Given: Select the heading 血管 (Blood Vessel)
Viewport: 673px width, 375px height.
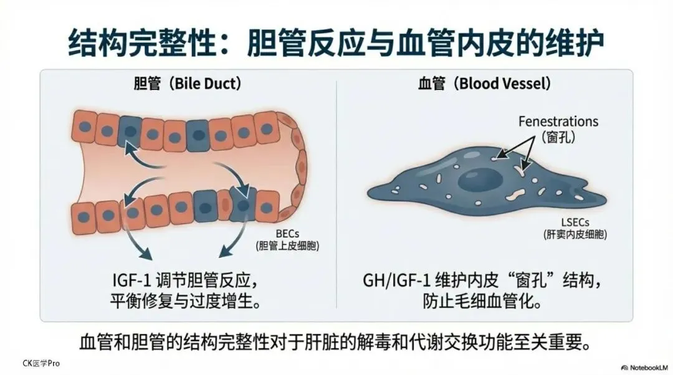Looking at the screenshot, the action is (485, 83).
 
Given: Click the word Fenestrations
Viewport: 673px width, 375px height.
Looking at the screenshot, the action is (558, 121).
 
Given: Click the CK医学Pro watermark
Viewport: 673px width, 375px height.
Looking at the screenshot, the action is (41, 363).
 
